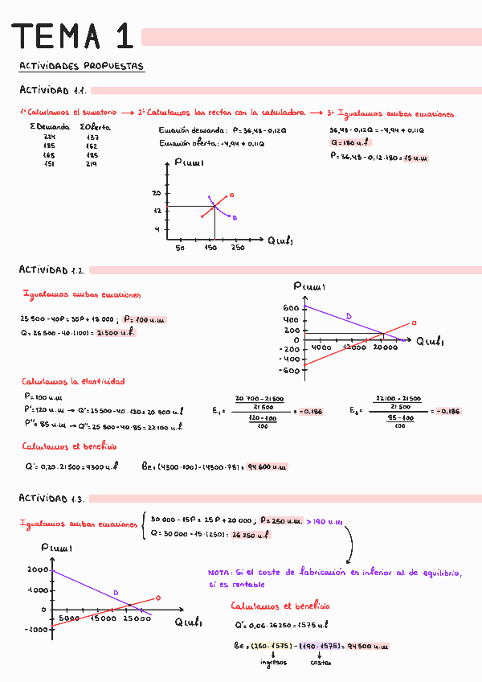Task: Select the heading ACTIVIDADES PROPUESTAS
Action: tap(81, 67)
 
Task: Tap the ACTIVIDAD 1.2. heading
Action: tap(52, 270)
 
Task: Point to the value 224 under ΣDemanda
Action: tap(49, 137)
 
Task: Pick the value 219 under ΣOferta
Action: tap(91, 163)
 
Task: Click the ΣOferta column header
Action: tap(96, 127)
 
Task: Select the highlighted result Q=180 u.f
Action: tap(349, 142)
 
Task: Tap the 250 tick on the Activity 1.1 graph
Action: tap(238, 247)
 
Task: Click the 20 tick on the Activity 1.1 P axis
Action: tap(157, 194)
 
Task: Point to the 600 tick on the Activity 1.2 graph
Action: tap(290, 308)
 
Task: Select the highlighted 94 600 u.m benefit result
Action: tap(268, 466)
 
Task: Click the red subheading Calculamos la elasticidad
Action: tap(73, 381)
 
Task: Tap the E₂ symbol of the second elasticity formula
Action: tap(355, 411)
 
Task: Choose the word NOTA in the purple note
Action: tap(219, 573)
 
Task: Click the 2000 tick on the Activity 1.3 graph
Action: tap(38, 569)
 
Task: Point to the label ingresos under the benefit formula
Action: tap(273, 662)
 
